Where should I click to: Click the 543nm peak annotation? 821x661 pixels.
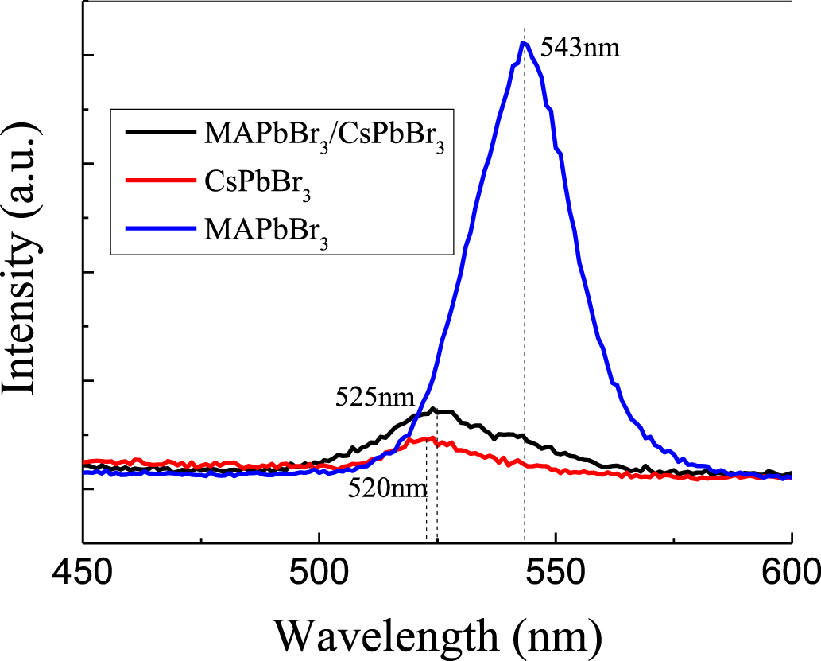(x=579, y=48)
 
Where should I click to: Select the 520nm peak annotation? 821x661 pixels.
(x=382, y=488)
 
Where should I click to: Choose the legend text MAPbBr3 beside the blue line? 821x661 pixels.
(x=267, y=226)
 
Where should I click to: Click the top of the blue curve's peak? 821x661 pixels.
(x=523, y=43)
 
